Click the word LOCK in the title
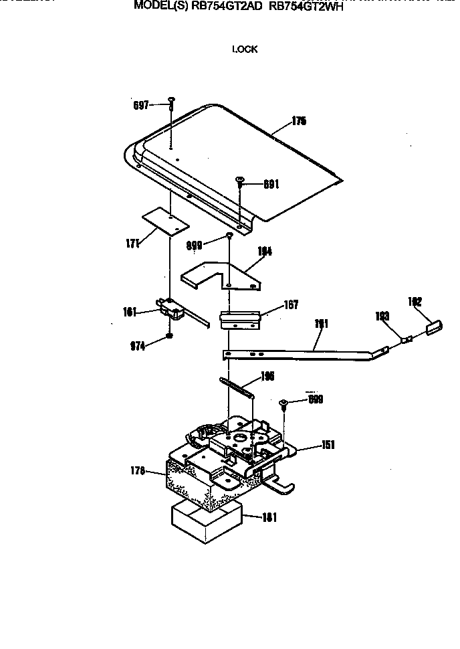pos(245,49)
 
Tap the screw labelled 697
pos(172,102)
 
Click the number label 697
pos(140,105)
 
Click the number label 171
pos(132,244)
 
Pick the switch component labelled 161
pos(172,309)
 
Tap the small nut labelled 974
pos(170,335)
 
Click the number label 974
pos(138,345)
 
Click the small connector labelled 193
pos(406,339)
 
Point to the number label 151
pos(329,445)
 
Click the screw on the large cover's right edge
pos(239,180)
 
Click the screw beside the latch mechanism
pos(285,403)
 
